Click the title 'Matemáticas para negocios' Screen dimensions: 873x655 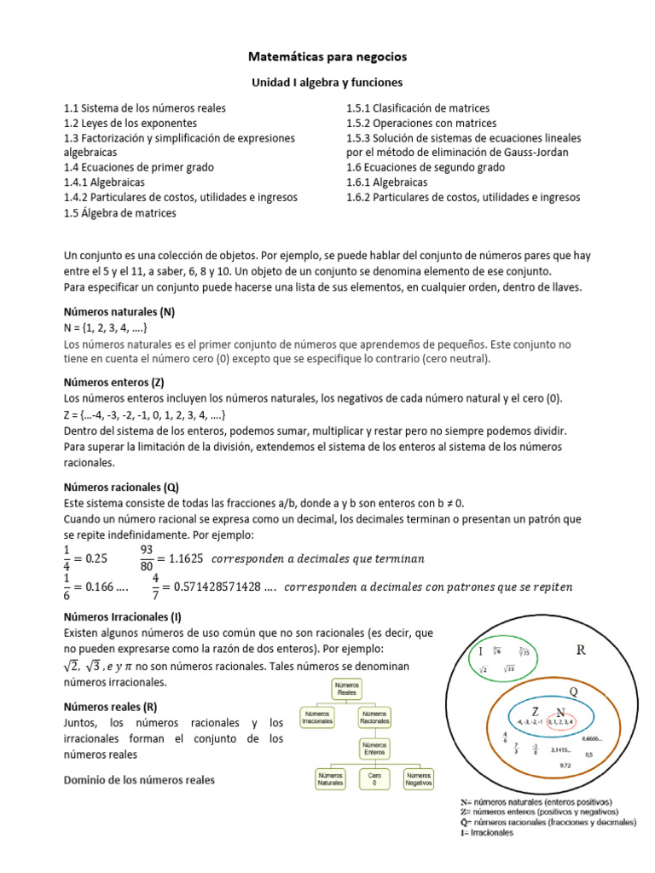tap(327, 56)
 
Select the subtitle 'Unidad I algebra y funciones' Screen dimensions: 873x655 tap(327, 83)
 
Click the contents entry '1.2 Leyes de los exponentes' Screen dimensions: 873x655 tap(131, 123)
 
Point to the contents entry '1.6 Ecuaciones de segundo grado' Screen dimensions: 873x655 tap(426, 167)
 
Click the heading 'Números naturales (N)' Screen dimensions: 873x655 tap(119, 312)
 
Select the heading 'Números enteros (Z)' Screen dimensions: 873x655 tap(113, 383)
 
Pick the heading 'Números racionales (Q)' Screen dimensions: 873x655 tap(121, 488)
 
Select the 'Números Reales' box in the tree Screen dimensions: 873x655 tap(348, 688)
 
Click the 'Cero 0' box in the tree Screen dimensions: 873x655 tap(375, 778)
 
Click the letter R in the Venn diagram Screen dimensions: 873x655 tap(580, 650)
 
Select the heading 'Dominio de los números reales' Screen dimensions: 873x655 tap(140, 779)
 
